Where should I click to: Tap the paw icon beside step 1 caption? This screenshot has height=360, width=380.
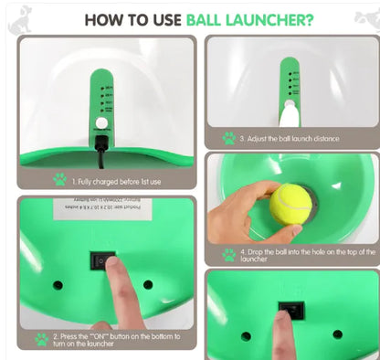[60, 179]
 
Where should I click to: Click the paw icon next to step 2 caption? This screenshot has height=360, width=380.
[41, 339]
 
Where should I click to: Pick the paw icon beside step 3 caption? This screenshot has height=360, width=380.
[229, 139]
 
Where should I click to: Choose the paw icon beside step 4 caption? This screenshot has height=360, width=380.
[229, 255]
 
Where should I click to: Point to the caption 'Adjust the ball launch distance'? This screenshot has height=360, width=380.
[290, 139]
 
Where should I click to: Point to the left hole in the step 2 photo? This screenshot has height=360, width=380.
[58, 285]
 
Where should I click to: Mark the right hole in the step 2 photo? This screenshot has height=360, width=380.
[148, 284]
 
